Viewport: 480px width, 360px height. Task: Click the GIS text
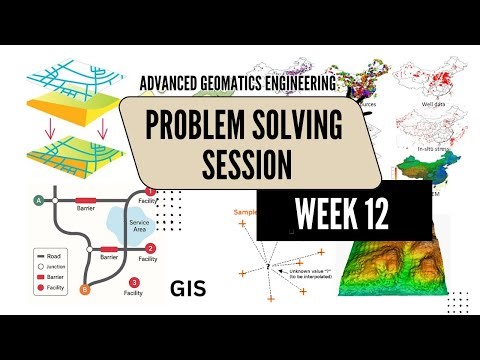(188, 289)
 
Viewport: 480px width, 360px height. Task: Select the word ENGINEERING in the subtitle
(296, 89)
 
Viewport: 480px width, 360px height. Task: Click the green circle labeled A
(39, 200)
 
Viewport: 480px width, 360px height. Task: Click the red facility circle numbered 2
(150, 248)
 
